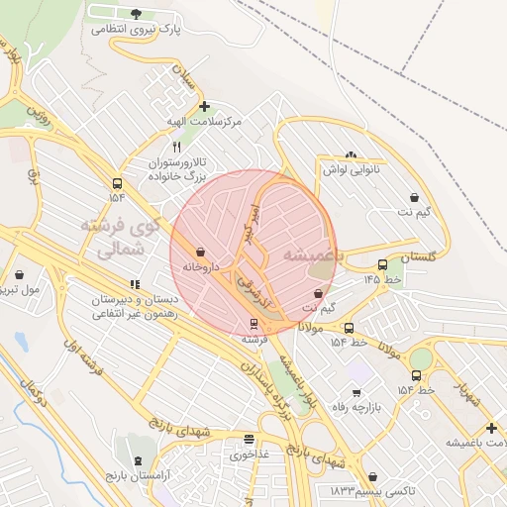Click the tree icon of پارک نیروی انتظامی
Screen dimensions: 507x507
pyautogui.click(x=136, y=14)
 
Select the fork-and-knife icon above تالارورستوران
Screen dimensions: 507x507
pyautogui.click(x=176, y=145)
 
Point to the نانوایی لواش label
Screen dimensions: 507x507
pyautogui.click(x=351, y=169)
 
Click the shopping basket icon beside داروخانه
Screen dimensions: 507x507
pyautogui.click(x=201, y=253)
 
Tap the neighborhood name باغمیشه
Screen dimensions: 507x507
pyautogui.click(x=310, y=253)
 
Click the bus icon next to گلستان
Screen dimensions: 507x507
pyautogui.click(x=382, y=264)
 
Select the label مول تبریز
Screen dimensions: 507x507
pyautogui.click(x=20, y=290)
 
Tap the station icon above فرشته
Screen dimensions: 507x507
pyautogui.click(x=254, y=323)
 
